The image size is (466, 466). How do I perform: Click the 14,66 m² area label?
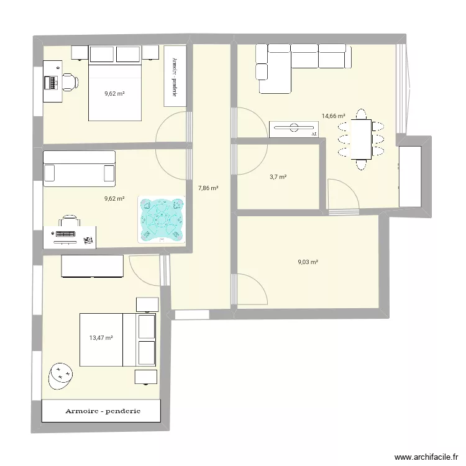pyautogui.click(x=332, y=116)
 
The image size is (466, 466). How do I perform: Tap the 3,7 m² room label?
pyautogui.click(x=278, y=177)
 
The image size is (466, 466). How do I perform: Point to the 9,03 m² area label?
pyautogui.click(x=308, y=262)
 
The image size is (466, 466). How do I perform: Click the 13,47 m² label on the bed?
pyautogui.click(x=101, y=338)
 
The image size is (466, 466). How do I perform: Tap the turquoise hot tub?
pyautogui.click(x=162, y=219)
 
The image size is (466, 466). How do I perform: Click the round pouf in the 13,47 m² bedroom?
pyautogui.click(x=60, y=375)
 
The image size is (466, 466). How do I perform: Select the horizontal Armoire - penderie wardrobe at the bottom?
pyautogui.click(x=101, y=411)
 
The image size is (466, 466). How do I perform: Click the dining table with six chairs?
pyautogui.click(x=360, y=138)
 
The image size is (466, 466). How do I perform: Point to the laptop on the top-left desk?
pyautogui.click(x=50, y=81)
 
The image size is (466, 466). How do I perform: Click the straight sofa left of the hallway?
pyautogui.click(x=79, y=168)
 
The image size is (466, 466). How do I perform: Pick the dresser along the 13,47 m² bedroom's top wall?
pyautogui.click(x=91, y=265)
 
